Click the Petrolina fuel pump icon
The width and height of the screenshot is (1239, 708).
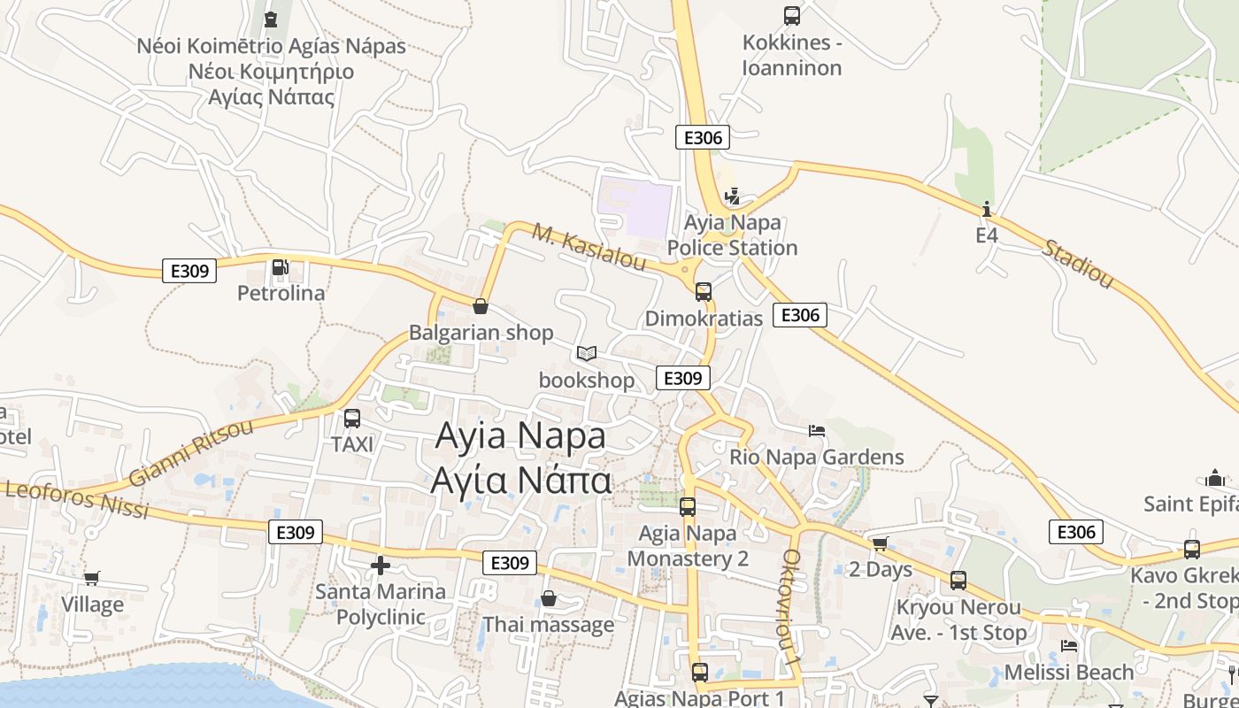[280, 266]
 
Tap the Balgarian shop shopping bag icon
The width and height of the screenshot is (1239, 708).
[481, 306]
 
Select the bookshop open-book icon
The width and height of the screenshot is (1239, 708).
[586, 353]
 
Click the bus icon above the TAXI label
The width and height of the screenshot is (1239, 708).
[352, 419]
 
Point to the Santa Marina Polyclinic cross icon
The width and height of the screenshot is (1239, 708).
[381, 565]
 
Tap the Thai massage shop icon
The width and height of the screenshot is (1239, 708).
[549, 598]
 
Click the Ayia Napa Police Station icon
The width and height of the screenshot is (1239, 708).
[732, 196]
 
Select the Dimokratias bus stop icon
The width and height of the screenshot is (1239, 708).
[704, 291]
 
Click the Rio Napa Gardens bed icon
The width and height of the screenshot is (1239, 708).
[817, 431]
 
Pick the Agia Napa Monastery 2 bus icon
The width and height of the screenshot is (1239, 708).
[688, 507]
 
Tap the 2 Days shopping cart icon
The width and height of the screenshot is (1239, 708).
[879, 543]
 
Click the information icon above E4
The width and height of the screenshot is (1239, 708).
[987, 210]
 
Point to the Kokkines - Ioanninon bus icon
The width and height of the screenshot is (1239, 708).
[792, 16]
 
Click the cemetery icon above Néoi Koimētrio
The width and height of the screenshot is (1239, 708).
[271, 19]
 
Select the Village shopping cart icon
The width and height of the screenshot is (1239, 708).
[91, 578]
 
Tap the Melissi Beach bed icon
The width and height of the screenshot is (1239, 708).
[1069, 646]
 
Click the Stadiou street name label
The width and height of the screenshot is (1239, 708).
[1077, 263]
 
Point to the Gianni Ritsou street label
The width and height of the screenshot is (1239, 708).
[190, 452]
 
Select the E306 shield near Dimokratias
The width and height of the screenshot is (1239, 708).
[800, 315]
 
